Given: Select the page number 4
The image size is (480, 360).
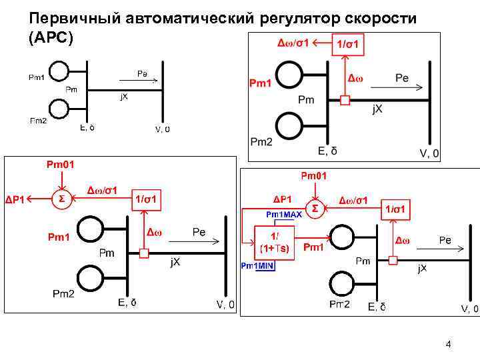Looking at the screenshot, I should point(448,345).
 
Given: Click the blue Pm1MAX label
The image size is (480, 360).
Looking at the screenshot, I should point(285,215).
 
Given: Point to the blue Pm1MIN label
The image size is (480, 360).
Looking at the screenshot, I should point(257,265).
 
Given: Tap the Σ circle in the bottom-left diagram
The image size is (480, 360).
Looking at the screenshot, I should point(61,199).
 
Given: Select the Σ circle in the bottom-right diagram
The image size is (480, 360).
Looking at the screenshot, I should point(315,209).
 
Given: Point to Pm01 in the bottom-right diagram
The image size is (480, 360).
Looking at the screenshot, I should point(314,176).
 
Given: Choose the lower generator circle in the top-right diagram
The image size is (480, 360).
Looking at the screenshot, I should point(289,126).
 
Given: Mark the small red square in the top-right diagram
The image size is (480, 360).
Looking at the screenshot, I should point(345,100).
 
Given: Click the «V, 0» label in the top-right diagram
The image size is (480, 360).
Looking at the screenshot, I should point(429,153).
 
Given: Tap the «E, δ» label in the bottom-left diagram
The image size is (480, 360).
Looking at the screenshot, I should point(127,303).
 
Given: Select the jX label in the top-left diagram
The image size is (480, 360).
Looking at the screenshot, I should point(124,97).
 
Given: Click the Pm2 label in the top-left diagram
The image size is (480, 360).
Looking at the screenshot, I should point(38,121).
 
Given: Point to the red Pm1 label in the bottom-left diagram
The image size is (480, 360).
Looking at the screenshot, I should point(59,237).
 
